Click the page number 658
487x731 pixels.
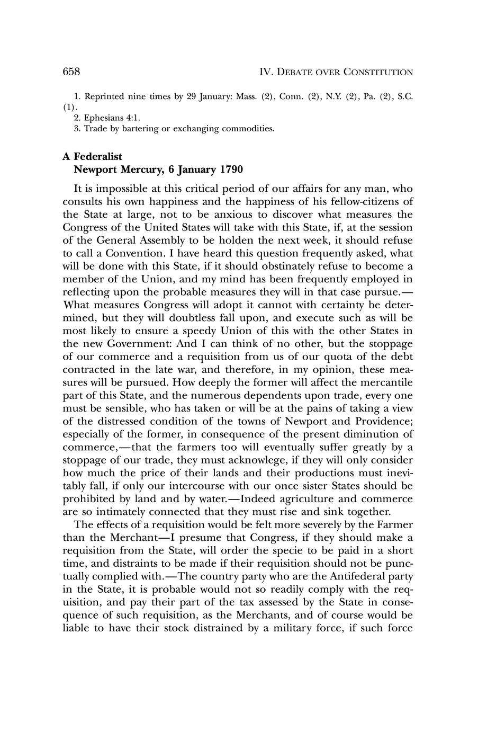tap(71, 72)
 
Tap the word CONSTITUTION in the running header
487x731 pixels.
tap(378, 72)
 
